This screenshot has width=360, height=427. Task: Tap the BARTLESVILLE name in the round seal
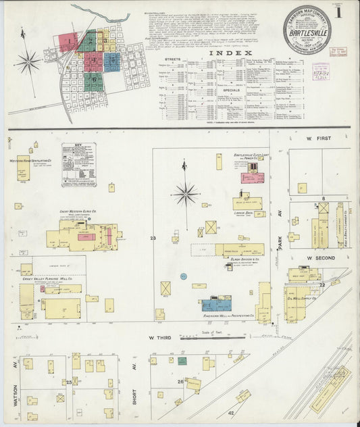303,30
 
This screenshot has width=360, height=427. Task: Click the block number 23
153,238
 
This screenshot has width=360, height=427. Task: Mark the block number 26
180,382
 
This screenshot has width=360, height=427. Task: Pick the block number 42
231,413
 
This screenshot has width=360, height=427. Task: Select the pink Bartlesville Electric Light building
253,178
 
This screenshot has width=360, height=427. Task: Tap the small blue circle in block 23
183,276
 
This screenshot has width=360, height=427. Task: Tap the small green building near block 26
182,361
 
